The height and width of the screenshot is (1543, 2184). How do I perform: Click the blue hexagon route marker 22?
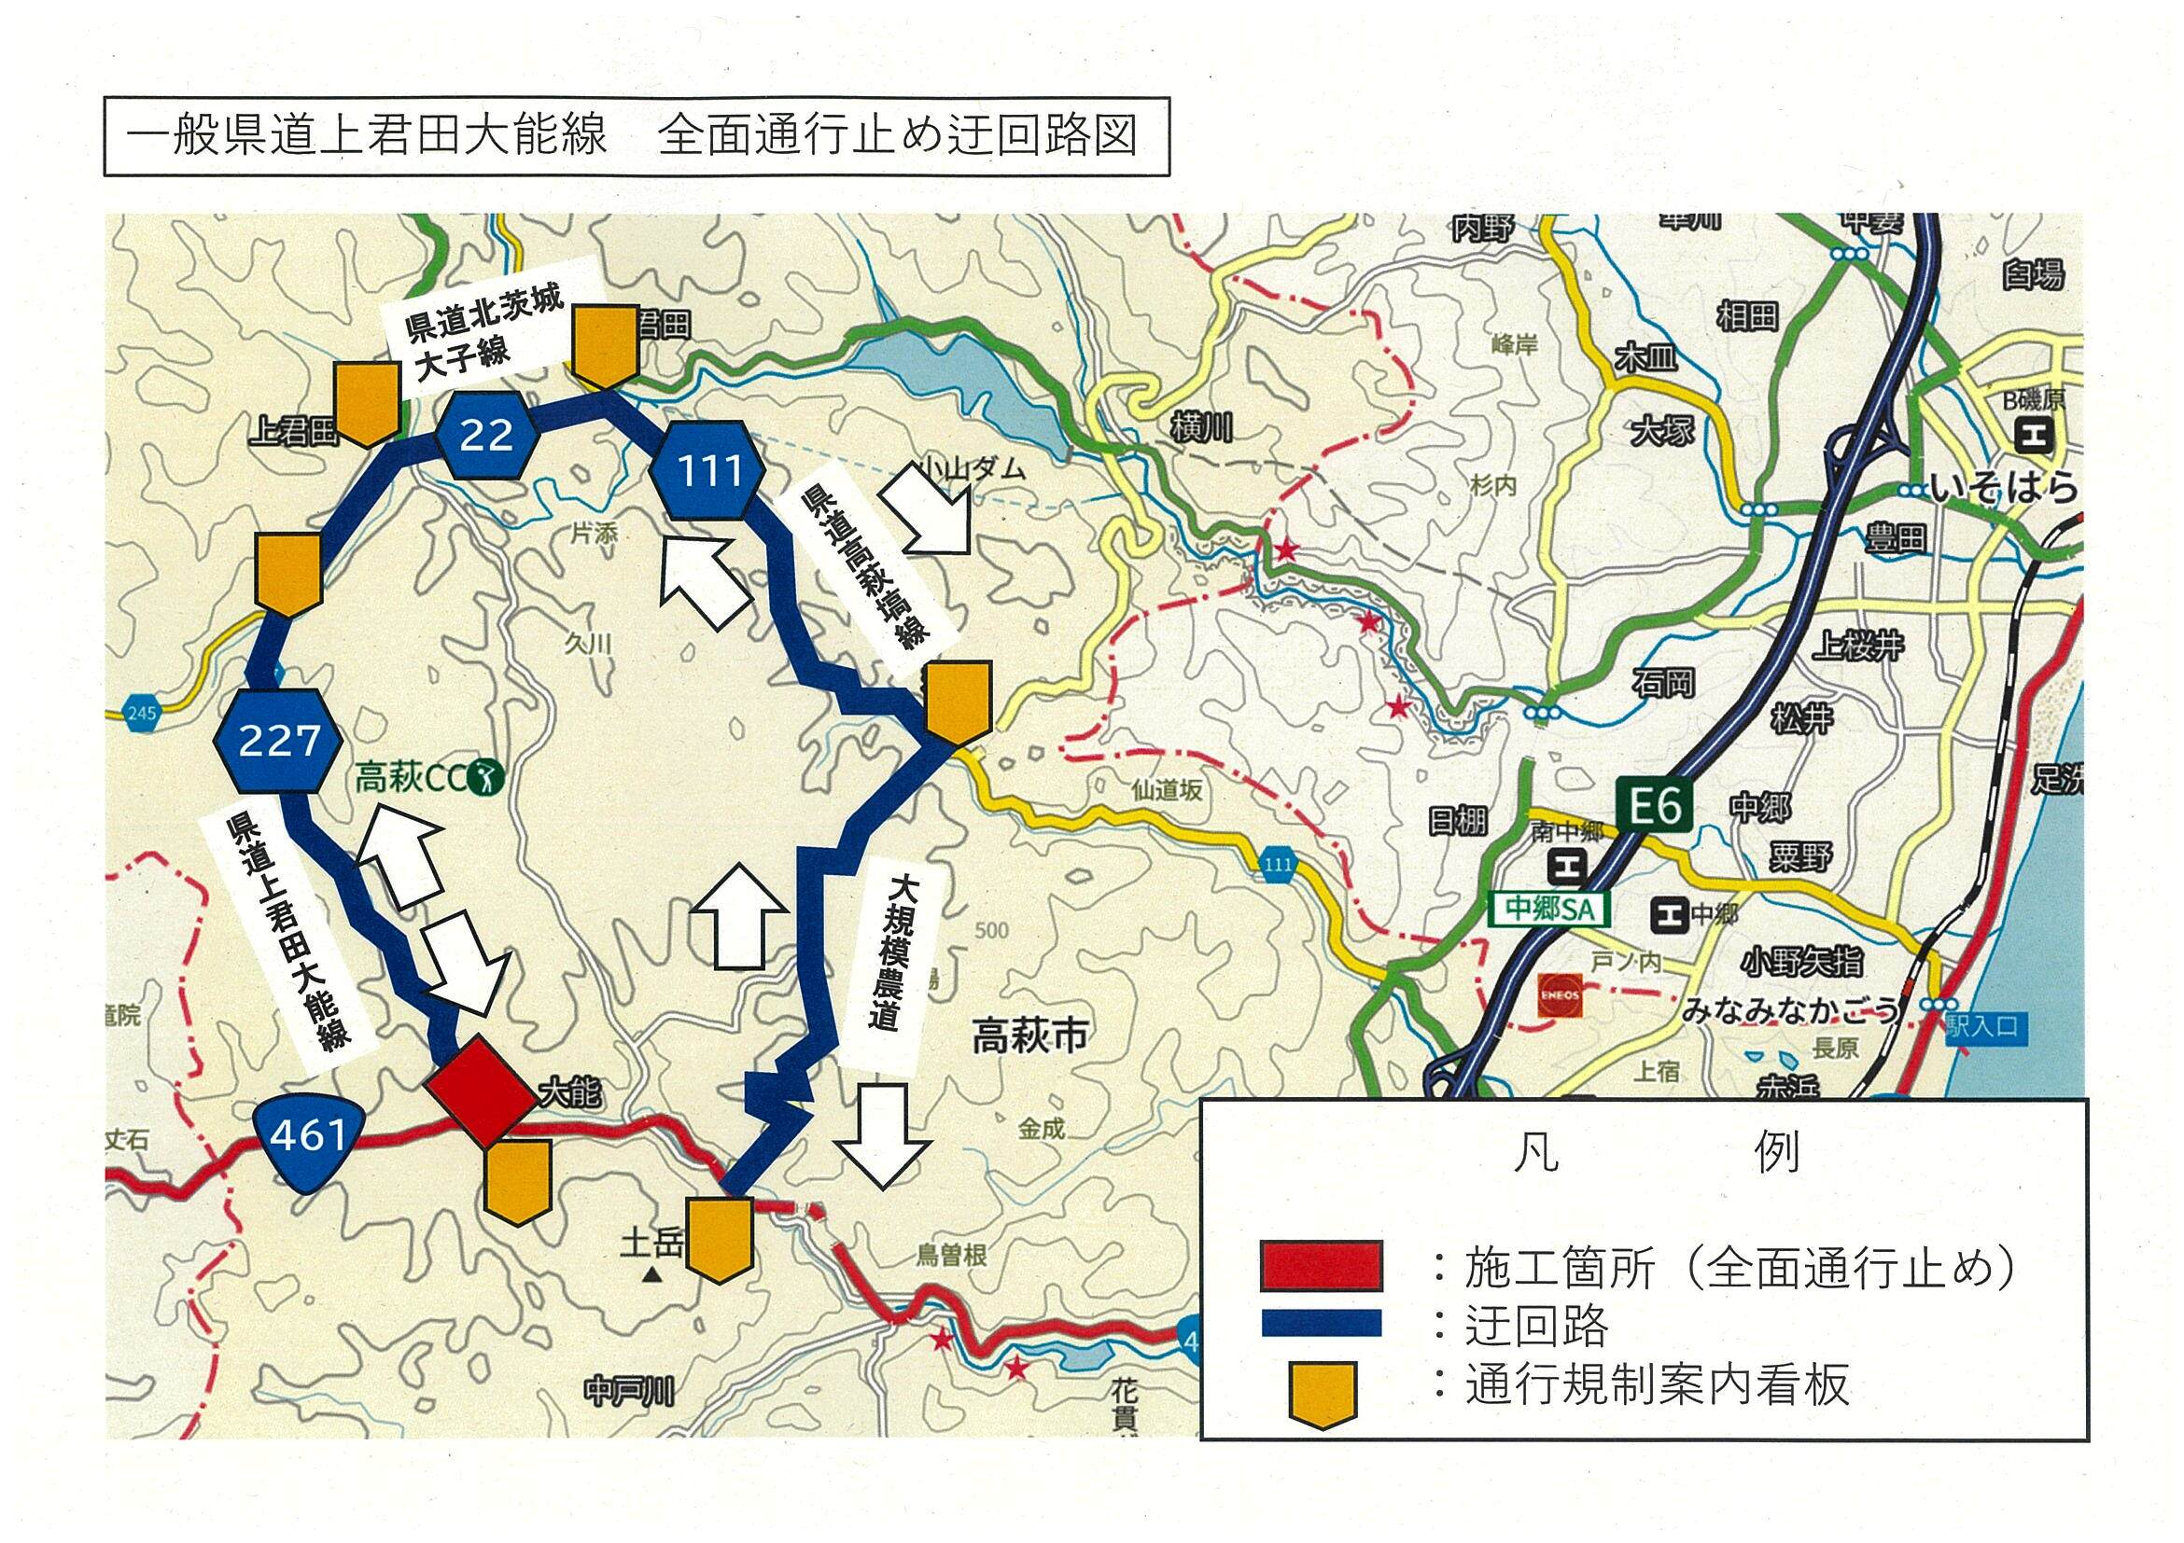pos(487,435)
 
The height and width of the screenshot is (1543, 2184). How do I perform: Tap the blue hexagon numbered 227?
pos(278,740)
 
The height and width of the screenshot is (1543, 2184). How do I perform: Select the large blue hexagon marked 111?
pos(709,469)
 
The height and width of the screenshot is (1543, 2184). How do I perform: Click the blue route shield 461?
pos(307,1134)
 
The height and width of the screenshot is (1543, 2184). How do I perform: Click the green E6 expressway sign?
pos(1654,807)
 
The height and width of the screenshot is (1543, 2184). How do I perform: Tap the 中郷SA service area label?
pos(1548,909)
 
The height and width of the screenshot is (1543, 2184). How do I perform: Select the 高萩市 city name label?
pos(1029,1036)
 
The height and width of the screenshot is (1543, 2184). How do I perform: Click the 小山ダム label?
pos(973,467)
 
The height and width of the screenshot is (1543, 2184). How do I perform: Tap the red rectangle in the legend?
pos(1322,1264)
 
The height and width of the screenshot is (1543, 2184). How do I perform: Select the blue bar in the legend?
pos(1322,1323)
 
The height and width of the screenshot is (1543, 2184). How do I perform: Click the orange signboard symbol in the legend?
pos(1322,1392)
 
